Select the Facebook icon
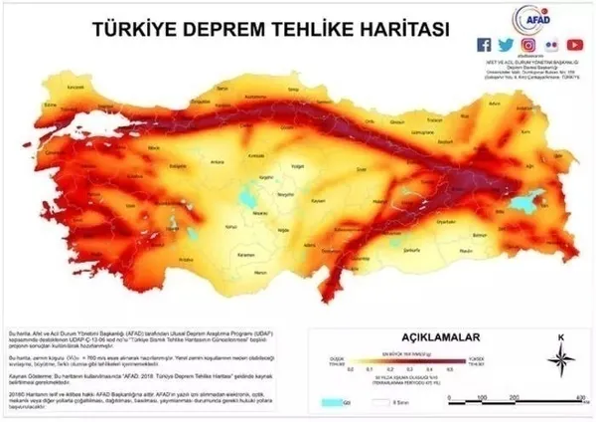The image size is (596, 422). (x=485, y=44)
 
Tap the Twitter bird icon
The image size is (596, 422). (x=507, y=44)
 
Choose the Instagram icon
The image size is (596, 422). (x=529, y=44)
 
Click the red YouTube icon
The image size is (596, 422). (x=574, y=44)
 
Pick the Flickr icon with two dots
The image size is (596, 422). (x=551, y=44)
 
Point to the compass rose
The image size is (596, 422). (x=561, y=357)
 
